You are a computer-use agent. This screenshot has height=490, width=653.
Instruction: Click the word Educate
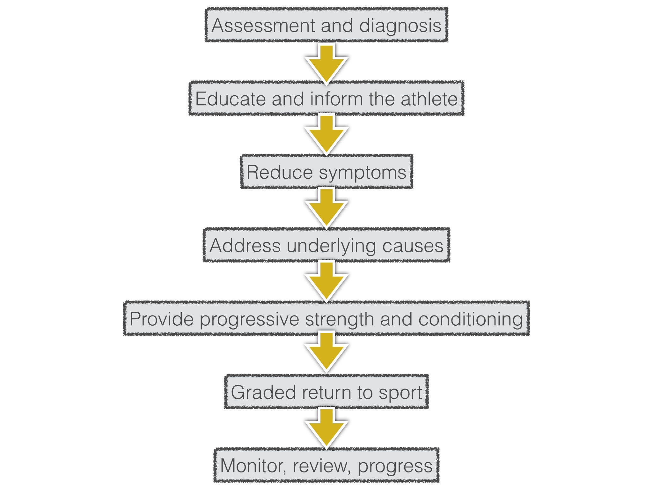[x=231, y=99]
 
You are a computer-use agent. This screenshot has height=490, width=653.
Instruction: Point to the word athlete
[x=429, y=99]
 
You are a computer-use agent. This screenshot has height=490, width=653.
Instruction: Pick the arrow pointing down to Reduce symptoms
[x=326, y=135]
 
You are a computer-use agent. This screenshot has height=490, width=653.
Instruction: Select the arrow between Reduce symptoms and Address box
[x=326, y=209]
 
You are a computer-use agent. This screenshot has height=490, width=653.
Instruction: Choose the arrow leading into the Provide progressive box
[x=326, y=282]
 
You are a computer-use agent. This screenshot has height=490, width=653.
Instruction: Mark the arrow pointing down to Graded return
[x=326, y=353]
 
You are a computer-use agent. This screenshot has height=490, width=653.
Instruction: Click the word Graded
[x=263, y=392]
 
